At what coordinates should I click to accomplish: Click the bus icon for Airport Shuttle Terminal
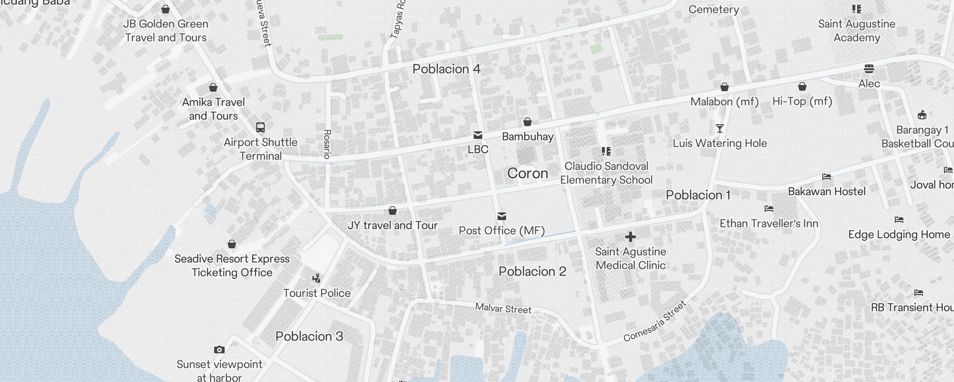coord(260,127)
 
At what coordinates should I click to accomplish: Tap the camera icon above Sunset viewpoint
coord(219,350)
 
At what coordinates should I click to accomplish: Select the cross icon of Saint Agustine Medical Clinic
coord(630,237)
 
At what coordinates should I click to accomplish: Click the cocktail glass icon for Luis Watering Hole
coord(720,128)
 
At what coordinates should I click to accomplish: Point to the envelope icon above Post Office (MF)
coord(501,216)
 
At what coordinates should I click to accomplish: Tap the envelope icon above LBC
coord(478,135)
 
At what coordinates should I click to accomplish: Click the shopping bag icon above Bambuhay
coord(527,122)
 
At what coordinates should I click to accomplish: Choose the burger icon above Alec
coord(869,69)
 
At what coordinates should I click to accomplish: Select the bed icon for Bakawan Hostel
coord(827,177)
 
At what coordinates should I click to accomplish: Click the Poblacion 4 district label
coord(446,69)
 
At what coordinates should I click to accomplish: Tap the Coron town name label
coord(528,173)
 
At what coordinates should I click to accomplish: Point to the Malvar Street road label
coord(503,308)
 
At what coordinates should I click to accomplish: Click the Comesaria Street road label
coord(655,321)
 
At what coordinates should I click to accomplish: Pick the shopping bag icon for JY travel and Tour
coord(393,211)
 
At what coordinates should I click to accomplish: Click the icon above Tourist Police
coord(316,278)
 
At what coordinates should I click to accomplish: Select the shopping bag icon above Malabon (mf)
coord(725,87)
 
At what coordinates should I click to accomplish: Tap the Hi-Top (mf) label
coord(802,101)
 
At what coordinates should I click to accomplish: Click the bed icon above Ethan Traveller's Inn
coord(768,209)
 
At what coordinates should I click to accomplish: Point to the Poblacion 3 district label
coord(309,337)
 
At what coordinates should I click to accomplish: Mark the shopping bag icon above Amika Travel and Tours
coord(213,87)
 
